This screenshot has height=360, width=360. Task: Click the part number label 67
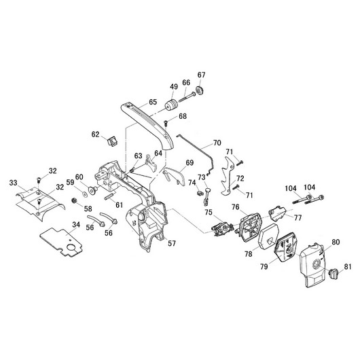point(201,75)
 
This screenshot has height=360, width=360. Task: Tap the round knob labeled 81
point(333,274)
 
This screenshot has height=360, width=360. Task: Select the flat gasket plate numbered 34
point(62,242)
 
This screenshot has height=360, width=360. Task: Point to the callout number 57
point(172,243)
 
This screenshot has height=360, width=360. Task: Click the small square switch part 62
point(113,141)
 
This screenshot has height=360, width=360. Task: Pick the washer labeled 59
point(85,194)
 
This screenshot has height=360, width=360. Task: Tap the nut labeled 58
point(74,200)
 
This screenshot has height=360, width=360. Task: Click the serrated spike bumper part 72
point(228,176)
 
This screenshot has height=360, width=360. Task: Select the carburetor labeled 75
point(222,228)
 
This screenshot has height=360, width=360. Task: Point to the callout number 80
point(336,242)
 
